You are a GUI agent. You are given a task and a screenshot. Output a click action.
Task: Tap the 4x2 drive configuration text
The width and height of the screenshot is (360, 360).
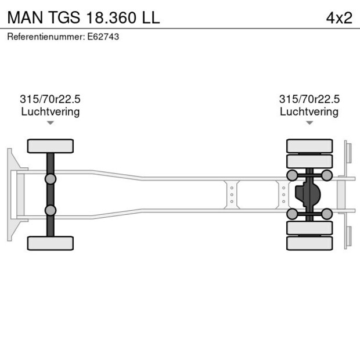click(x=339, y=17)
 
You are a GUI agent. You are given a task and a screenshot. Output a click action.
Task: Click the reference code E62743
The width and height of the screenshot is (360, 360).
click(x=103, y=37)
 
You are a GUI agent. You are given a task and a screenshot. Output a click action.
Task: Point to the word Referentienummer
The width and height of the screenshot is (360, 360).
click(x=45, y=37)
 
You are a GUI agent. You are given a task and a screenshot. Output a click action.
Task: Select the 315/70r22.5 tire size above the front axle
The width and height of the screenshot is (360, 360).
click(x=51, y=99)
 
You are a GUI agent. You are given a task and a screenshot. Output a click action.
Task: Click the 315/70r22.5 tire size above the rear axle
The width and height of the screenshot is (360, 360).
click(x=309, y=99)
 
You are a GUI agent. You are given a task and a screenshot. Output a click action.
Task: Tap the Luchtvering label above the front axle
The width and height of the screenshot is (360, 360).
click(x=51, y=111)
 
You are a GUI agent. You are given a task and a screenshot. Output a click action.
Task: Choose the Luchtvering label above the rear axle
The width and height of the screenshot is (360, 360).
click(x=309, y=111)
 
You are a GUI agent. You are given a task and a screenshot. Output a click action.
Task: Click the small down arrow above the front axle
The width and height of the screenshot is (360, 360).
click(x=51, y=123)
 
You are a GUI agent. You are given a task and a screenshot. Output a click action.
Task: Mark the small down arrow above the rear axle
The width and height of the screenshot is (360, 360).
click(x=309, y=123)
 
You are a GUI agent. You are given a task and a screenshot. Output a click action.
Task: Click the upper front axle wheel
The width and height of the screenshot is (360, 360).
click(x=51, y=146)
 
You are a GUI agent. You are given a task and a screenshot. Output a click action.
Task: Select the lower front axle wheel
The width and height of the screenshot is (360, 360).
click(x=51, y=243)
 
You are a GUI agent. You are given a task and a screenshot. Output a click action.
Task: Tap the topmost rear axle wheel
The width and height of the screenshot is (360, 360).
click(x=309, y=145)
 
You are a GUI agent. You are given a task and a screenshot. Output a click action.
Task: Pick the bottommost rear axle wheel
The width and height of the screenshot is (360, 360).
click(x=309, y=243)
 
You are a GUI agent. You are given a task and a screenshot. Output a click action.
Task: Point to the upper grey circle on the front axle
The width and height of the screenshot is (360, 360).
click(x=51, y=178)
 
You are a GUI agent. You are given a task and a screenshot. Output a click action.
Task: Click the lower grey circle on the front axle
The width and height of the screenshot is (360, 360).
click(x=51, y=210)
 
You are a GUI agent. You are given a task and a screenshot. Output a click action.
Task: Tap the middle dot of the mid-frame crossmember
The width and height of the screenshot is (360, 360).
click(x=232, y=195)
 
